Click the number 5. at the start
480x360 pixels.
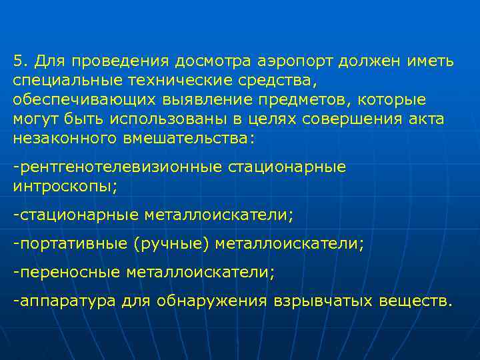19,62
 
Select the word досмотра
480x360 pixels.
210,62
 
